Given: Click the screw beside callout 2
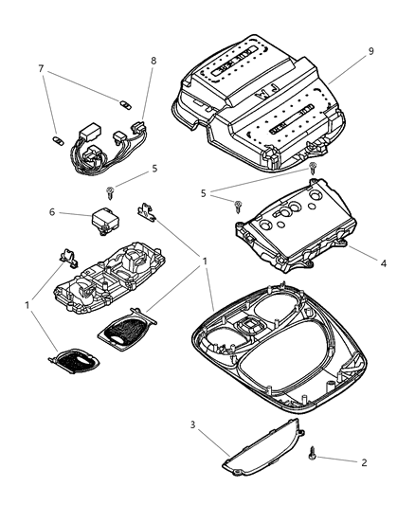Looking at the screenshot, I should [x=312, y=456].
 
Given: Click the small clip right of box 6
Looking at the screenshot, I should [x=147, y=209].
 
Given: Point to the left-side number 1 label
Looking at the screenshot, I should [x=27, y=306].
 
